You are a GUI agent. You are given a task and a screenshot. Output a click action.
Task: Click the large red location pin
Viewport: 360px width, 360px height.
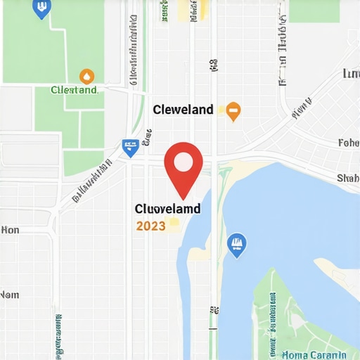pyautogui.click(x=184, y=166)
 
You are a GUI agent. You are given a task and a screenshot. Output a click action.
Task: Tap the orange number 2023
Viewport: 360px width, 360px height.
pyautogui.click(x=151, y=226)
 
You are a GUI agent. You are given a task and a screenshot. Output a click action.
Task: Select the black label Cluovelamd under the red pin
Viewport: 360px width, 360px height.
pyautogui.click(x=167, y=209)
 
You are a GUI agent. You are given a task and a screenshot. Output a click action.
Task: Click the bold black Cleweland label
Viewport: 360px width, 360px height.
pyautogui.click(x=183, y=110)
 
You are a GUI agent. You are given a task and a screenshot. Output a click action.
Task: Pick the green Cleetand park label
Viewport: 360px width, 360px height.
pyautogui.click(x=74, y=90)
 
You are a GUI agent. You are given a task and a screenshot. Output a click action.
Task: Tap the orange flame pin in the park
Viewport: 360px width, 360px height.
pyautogui.click(x=86, y=76)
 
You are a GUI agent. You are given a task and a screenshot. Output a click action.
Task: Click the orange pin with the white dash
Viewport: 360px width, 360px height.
pyautogui.click(x=233, y=110)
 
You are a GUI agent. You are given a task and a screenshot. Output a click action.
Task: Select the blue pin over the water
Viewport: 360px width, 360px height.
pyautogui.click(x=238, y=244)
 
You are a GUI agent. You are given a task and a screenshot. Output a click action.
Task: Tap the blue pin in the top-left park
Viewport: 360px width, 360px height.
pyautogui.click(x=41, y=8)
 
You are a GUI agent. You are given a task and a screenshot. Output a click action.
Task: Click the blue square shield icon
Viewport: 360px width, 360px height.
pyautogui.click(x=129, y=147)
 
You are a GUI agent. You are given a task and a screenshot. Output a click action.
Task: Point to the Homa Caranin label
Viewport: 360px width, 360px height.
pyautogui.click(x=314, y=355)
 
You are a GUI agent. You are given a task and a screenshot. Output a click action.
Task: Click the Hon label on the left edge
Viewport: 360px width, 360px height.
pyautogui.click(x=11, y=230)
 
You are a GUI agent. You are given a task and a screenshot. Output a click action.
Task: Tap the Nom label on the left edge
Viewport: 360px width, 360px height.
pyautogui.click(x=10, y=295)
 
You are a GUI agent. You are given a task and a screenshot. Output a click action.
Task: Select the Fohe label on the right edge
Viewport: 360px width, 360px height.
pyautogui.click(x=349, y=143)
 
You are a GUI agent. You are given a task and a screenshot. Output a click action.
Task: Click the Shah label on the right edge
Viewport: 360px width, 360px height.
pyautogui.click(x=348, y=178)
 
